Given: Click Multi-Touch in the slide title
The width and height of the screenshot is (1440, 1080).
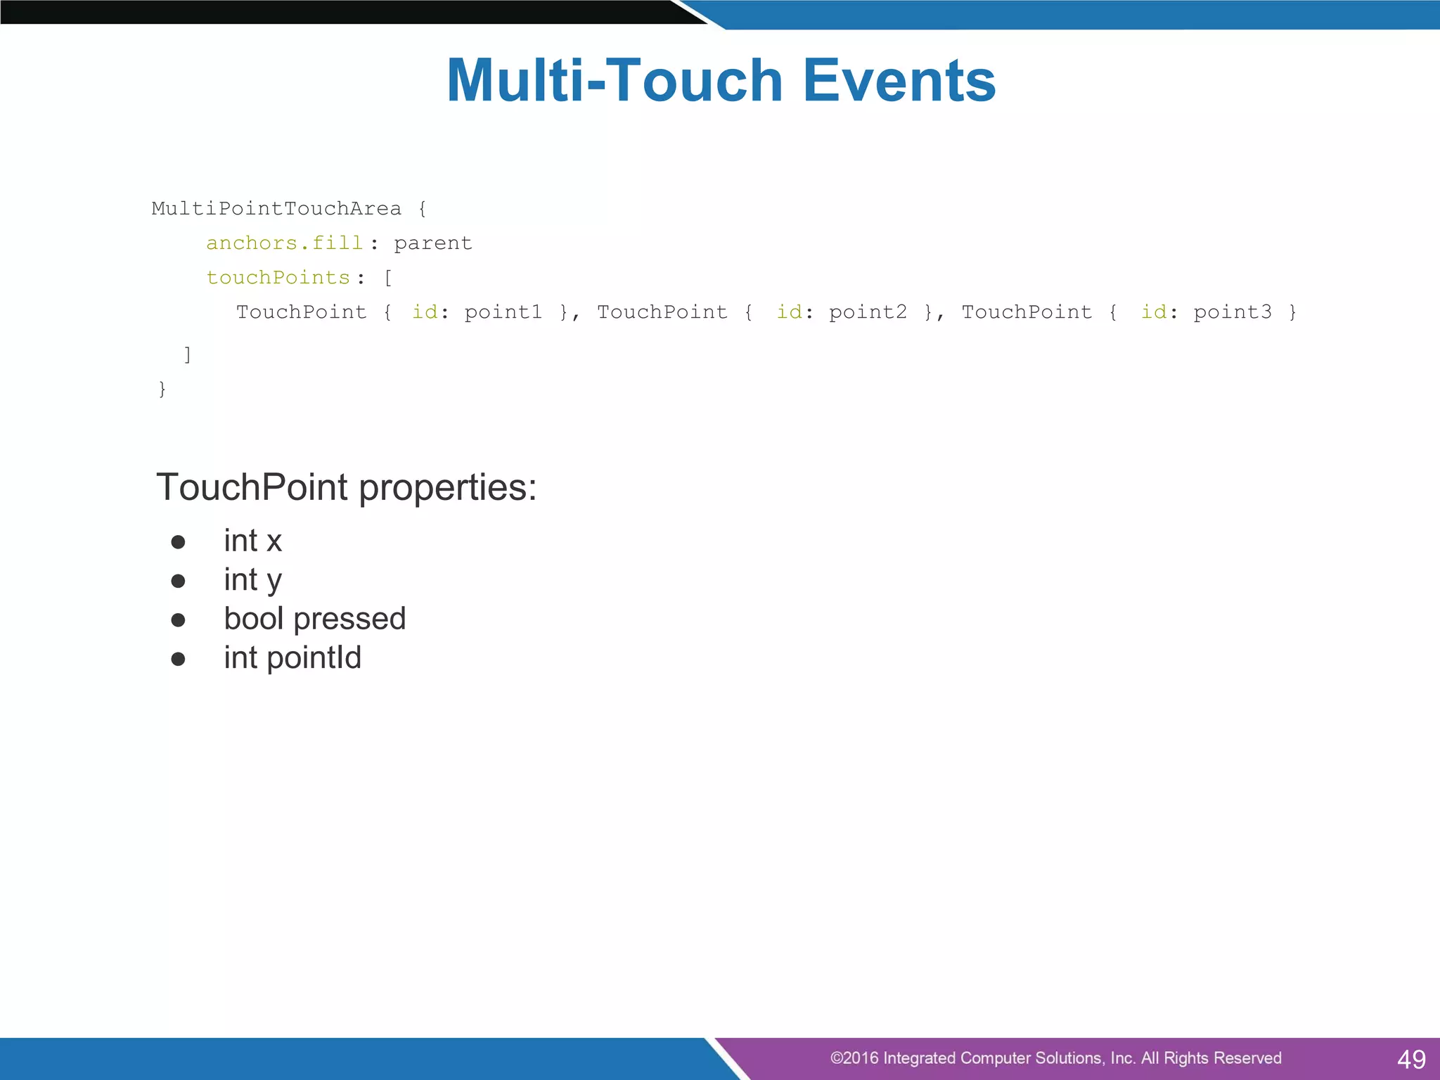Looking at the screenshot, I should click(x=615, y=81).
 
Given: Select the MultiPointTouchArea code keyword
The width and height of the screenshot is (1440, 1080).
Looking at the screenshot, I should click(x=276, y=209).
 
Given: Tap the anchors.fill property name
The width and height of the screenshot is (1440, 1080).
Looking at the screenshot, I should click(x=284, y=243).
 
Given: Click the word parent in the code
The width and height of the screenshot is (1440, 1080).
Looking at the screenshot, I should click(x=432, y=243).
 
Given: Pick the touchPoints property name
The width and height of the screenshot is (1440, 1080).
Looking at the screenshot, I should click(x=278, y=278).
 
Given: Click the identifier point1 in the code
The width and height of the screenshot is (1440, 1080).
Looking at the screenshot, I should click(x=503, y=312).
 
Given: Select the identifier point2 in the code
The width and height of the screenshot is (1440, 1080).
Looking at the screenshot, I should click(x=868, y=312).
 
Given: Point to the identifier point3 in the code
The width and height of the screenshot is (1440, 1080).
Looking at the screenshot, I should click(x=1233, y=312).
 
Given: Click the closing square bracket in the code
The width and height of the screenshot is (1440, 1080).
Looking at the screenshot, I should click(x=187, y=354).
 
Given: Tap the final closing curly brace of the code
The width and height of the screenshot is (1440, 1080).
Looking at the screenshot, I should click(x=162, y=389).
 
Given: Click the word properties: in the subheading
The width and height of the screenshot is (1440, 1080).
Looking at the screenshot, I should click(x=448, y=487).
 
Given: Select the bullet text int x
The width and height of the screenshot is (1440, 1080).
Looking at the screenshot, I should click(x=252, y=541).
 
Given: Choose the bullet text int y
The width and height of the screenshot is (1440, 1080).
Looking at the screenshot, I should click(x=252, y=581).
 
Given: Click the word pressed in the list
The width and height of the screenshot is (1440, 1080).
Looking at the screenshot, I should click(x=349, y=619).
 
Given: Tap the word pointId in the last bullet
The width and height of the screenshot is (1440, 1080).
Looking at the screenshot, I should click(x=314, y=658).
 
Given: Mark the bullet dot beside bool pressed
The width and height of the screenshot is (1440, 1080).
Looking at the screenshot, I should click(x=178, y=620).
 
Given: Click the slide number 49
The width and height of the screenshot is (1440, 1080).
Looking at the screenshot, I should click(x=1411, y=1059).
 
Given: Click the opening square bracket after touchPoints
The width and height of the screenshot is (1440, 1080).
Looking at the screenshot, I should click(x=387, y=278).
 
